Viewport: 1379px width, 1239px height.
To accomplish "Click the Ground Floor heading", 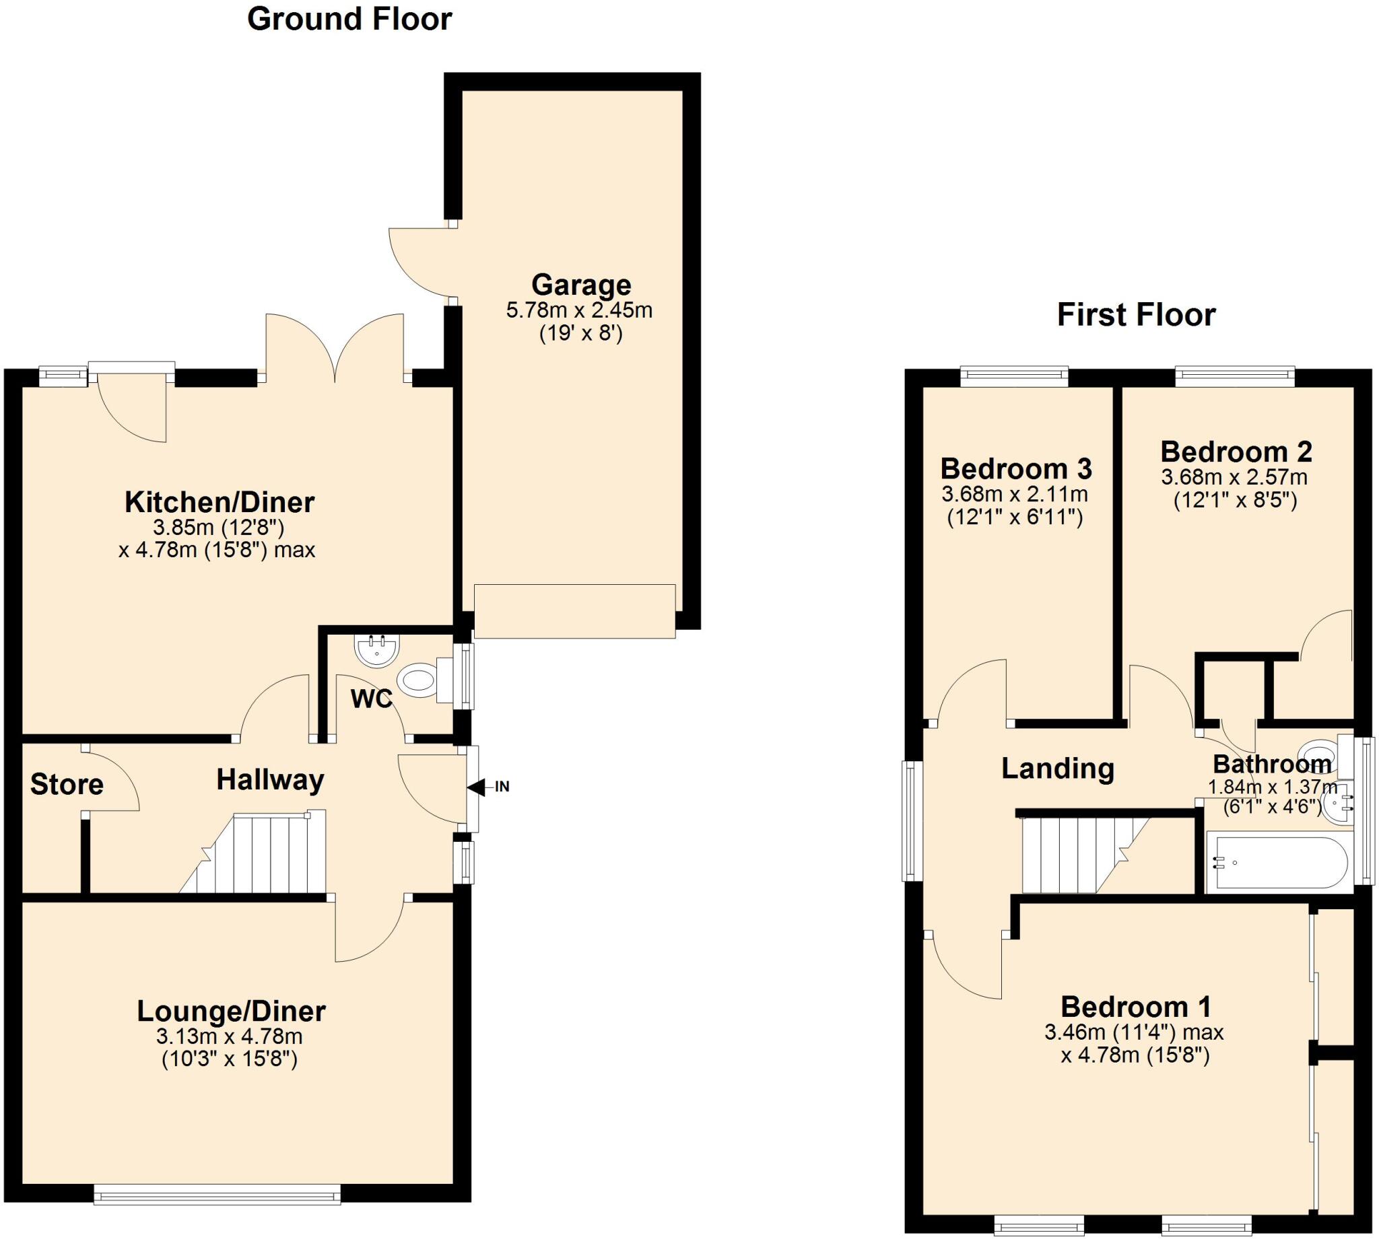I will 349,19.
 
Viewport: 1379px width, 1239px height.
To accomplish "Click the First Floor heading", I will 1136,315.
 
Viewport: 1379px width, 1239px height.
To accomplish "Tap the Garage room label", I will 581,285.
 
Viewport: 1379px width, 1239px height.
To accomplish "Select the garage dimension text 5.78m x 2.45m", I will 579,311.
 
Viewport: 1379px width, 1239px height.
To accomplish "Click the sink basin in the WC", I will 376,649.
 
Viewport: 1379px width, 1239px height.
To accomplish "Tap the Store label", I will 67,785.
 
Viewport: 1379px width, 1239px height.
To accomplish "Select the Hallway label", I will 271,780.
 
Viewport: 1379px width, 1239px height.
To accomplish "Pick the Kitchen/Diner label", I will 220,503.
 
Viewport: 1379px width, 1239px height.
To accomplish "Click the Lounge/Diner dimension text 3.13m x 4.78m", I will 230,1037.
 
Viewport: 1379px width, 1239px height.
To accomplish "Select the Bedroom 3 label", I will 1016,469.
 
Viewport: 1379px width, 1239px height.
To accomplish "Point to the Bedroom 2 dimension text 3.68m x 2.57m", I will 1234,477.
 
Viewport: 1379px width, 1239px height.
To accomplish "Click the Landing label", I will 1058,769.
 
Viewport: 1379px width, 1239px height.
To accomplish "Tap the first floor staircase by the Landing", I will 1076,854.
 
